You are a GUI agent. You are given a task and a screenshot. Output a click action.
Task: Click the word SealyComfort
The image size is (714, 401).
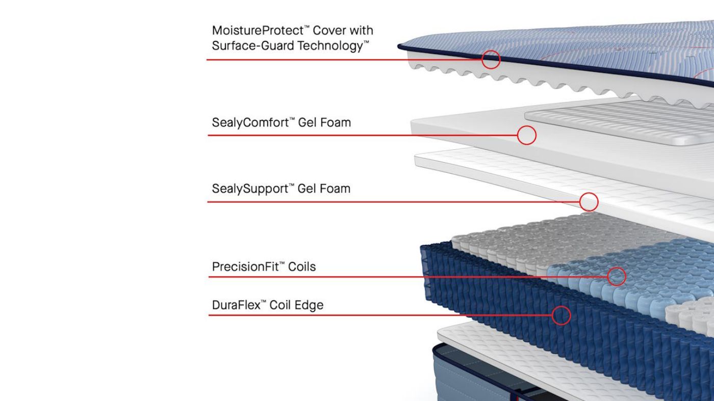[249, 123]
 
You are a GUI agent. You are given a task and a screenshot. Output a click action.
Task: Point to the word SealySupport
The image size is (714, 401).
[250, 189]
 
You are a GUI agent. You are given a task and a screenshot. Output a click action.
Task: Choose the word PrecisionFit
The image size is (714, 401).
[245, 267]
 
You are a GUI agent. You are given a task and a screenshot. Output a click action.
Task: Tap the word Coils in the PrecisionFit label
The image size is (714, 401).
[302, 267]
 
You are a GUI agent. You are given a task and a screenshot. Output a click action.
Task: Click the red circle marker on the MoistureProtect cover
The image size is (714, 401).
[491, 60]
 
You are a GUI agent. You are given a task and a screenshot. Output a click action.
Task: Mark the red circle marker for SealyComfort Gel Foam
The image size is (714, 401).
[526, 136]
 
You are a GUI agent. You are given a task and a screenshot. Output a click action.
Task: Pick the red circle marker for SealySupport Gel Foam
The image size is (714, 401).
[589, 202]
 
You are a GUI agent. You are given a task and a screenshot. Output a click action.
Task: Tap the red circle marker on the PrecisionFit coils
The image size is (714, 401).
[616, 277]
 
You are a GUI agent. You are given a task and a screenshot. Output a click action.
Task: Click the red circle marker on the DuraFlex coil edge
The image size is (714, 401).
[561, 315]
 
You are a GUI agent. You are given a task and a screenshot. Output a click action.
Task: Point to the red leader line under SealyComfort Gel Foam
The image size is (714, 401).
[357, 136]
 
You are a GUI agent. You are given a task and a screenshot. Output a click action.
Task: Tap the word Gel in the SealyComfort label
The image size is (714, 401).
[307, 123]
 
